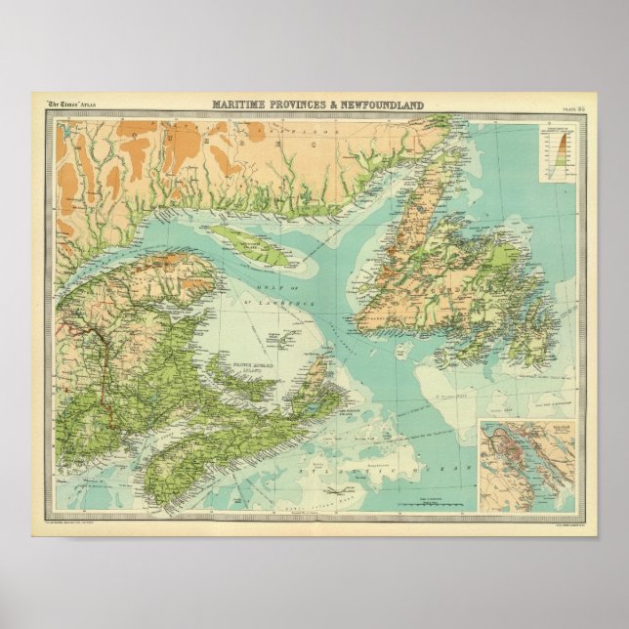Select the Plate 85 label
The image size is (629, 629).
coord(572,106)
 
